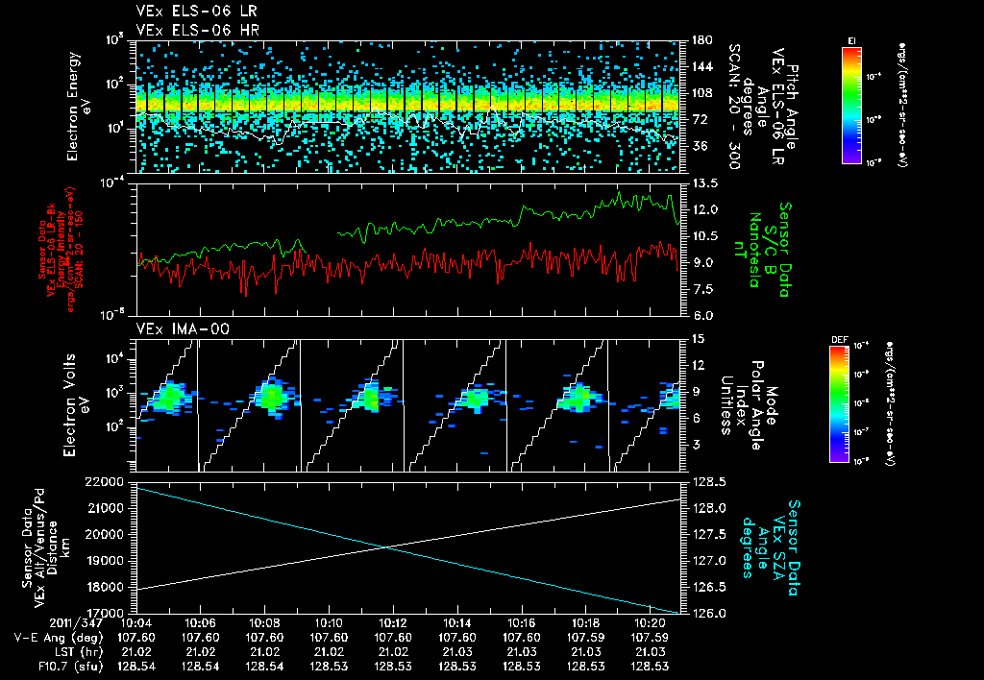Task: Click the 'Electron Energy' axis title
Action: (77, 106)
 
